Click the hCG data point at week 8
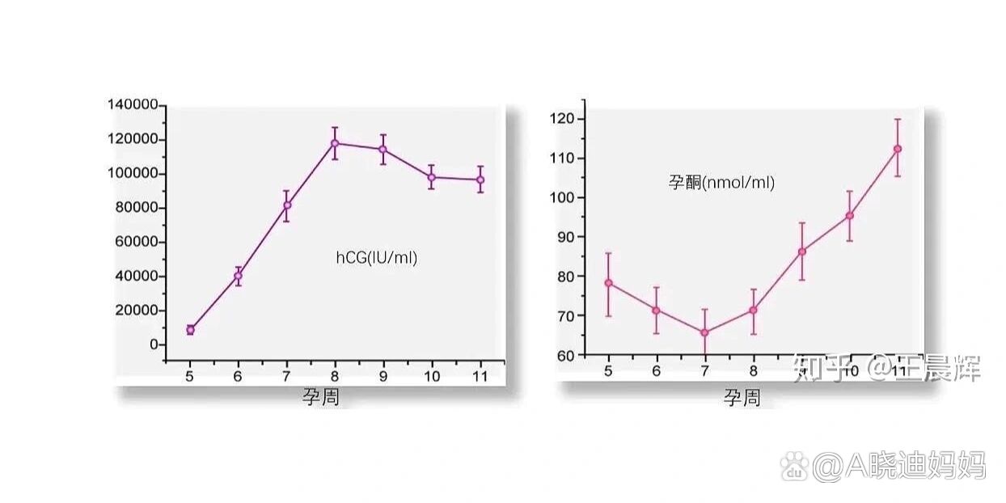pos(335,143)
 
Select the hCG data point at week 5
pos(190,330)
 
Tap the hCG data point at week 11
pos(480,180)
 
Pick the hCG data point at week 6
pos(238,276)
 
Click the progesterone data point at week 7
pos(704,332)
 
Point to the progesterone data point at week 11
pos(898,149)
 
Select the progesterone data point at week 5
pos(608,283)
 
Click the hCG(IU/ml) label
pos(377,259)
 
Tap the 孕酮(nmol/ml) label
pos(721,183)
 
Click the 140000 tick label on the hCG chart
pos(133,105)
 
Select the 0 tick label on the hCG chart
pos(154,344)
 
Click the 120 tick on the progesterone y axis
pos(564,119)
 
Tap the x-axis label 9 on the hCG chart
pos(383,376)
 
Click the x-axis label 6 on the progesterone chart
pos(656,370)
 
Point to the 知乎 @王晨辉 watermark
pos(886,369)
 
